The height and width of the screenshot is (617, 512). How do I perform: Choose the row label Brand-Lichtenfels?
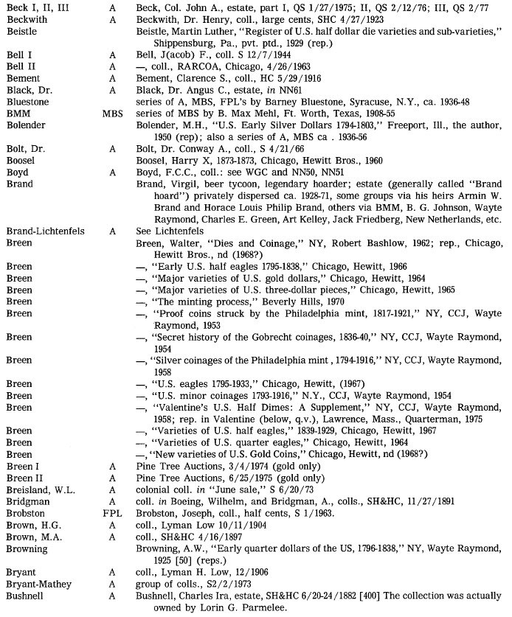pyautogui.click(x=44, y=231)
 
